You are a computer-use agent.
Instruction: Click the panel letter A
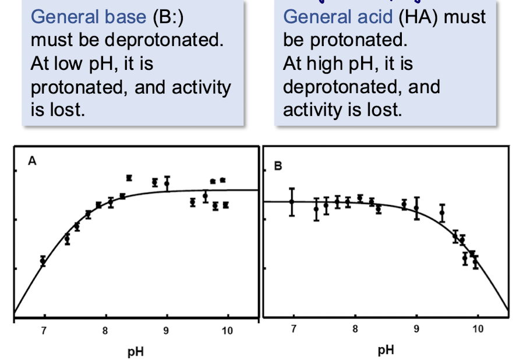[x=32, y=161]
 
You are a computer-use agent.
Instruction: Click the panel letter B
[x=278, y=166]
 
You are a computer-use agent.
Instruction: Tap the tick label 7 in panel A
[x=44, y=330]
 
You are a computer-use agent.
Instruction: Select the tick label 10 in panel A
[x=227, y=330]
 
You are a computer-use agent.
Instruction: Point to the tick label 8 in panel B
[x=355, y=329]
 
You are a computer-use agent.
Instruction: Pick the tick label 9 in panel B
[x=416, y=329]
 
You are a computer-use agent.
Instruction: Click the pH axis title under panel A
[x=136, y=352]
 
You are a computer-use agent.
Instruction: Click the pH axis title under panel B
[x=386, y=350]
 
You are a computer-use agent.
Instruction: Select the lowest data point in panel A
[x=43, y=261]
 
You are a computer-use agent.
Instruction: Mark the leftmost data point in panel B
[x=292, y=202]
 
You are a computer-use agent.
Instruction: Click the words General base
[x=89, y=16]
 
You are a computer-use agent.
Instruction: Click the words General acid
[x=338, y=16]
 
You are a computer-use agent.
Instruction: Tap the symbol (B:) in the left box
[x=168, y=17]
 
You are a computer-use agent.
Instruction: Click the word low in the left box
[x=70, y=63]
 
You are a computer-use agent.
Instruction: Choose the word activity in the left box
[x=202, y=88]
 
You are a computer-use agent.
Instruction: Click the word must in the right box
[x=465, y=17]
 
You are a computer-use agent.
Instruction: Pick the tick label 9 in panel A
[x=166, y=330]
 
